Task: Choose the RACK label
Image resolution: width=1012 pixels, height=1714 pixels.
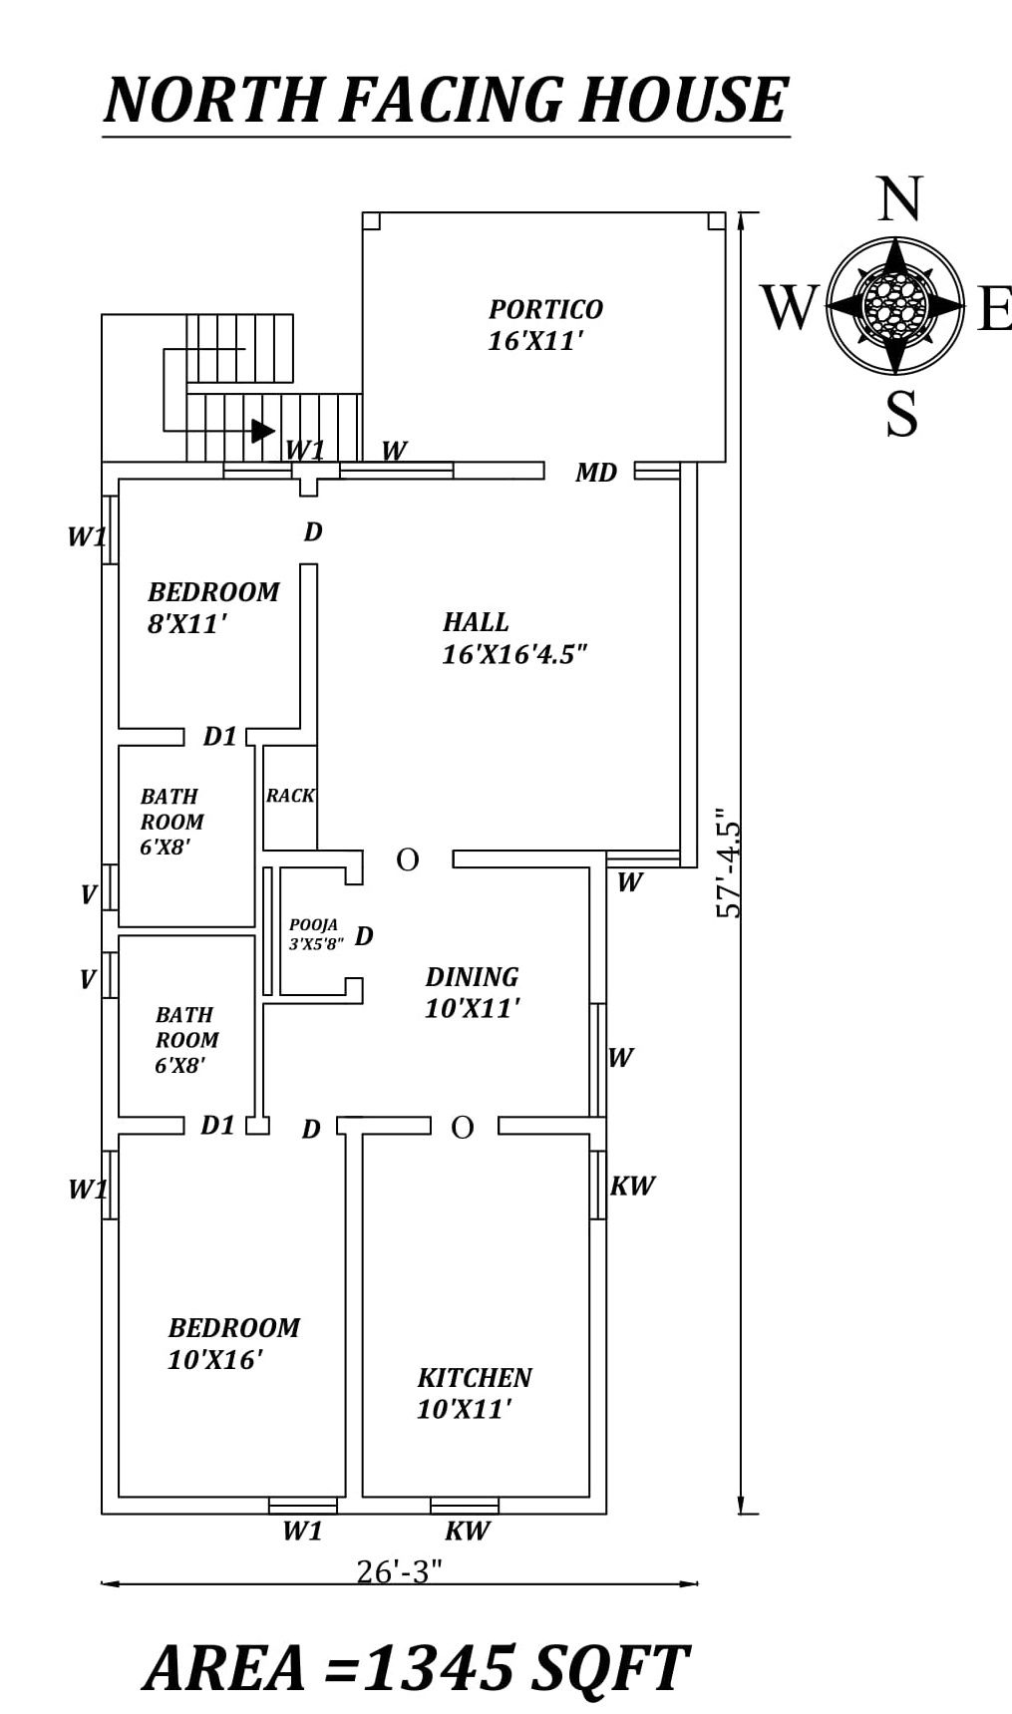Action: (290, 796)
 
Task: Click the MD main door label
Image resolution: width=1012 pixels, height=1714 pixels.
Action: (596, 473)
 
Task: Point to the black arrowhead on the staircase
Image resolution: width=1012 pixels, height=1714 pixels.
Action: (262, 431)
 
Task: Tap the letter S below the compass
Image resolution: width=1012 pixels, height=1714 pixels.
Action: (901, 414)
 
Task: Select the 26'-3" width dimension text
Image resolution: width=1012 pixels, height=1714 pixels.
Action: (399, 1571)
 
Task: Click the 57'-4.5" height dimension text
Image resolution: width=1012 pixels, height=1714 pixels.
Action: (729, 867)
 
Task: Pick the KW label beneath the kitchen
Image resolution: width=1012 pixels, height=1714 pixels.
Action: (467, 1531)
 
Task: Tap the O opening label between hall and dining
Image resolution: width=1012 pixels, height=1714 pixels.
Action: (407, 859)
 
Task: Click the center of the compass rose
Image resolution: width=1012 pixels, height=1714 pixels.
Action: (895, 305)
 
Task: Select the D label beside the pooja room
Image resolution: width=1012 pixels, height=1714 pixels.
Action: (364, 935)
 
